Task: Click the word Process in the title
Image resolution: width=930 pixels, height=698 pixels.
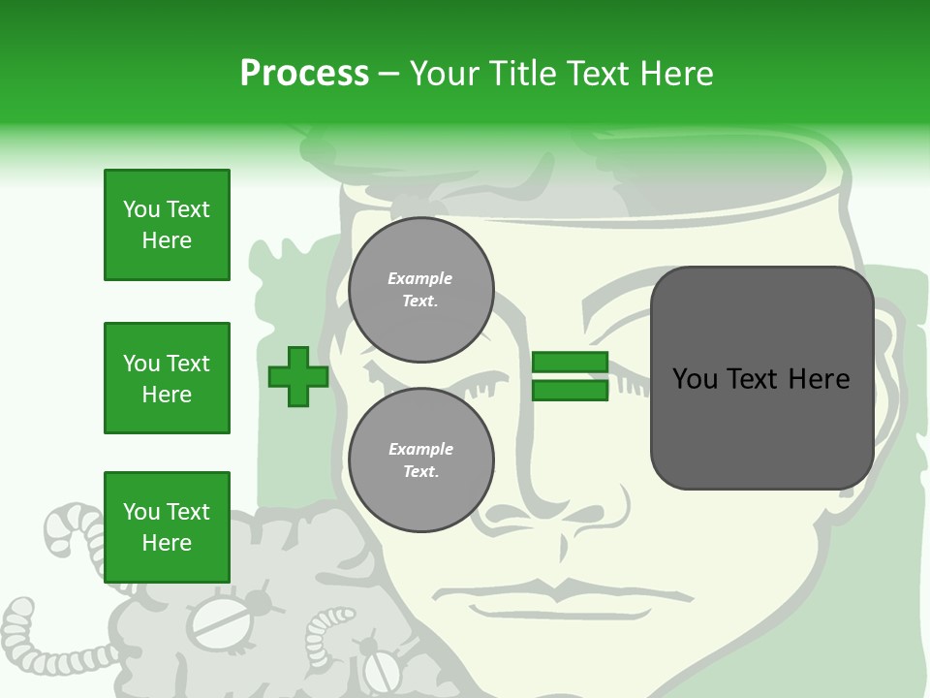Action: tap(304, 74)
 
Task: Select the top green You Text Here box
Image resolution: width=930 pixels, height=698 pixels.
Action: tap(167, 225)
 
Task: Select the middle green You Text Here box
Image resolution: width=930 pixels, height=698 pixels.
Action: tap(167, 378)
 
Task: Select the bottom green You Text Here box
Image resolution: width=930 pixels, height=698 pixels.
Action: tap(167, 527)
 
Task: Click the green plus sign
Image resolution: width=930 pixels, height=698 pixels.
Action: tap(297, 377)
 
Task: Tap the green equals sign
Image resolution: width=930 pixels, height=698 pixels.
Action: tap(570, 377)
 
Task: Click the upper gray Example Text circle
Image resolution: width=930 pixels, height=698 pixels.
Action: tap(420, 290)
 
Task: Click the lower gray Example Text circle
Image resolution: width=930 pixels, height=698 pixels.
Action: tap(420, 460)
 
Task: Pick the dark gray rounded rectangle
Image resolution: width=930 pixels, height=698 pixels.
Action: tap(761, 378)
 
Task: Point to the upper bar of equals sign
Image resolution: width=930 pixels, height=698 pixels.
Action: tap(570, 363)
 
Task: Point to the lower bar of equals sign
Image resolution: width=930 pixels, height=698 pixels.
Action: tap(570, 391)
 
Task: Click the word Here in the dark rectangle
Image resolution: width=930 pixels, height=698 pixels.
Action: tap(819, 379)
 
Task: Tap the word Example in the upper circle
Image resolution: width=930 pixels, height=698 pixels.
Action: tap(420, 278)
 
